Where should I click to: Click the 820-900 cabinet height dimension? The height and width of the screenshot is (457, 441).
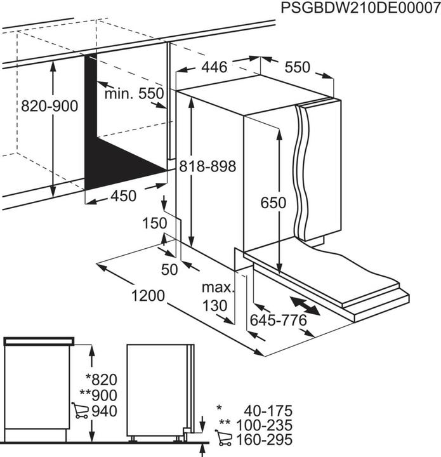(x=50, y=106)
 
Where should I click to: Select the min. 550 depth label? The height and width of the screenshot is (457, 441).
(x=135, y=94)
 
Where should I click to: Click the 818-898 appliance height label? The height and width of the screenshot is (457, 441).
(x=207, y=166)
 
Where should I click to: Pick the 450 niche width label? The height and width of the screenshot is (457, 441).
(x=123, y=196)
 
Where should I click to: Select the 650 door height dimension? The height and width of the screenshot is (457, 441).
(x=273, y=202)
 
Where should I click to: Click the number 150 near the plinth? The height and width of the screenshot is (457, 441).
(x=155, y=223)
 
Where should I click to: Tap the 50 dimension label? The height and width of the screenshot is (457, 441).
(x=169, y=269)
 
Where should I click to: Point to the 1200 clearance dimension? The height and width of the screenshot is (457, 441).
(x=149, y=296)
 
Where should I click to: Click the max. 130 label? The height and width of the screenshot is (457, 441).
(x=214, y=297)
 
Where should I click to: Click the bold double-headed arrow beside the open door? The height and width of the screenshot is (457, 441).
(x=305, y=305)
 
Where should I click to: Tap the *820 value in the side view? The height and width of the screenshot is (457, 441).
(x=100, y=380)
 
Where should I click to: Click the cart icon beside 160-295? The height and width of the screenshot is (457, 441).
(x=223, y=439)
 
